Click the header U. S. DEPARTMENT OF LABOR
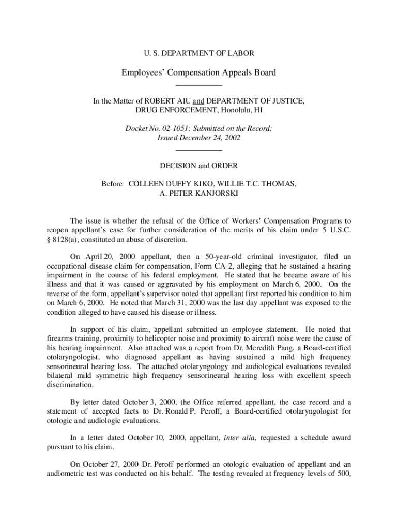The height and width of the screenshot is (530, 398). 198,53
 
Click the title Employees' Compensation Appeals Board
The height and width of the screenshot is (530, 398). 198,72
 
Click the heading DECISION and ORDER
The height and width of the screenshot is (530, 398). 198,166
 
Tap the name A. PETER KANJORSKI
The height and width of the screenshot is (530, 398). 198,194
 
